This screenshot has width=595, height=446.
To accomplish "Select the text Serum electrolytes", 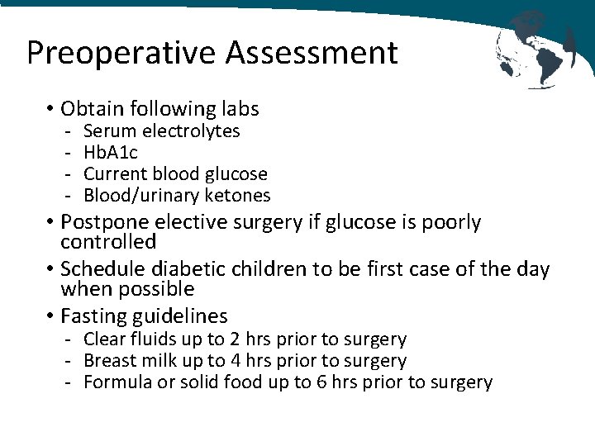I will click(x=162, y=130).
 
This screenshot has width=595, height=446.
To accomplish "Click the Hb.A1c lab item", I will click(x=111, y=152).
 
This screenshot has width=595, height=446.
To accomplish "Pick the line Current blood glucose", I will click(x=175, y=173).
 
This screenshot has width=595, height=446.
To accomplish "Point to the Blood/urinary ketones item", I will click(x=177, y=195).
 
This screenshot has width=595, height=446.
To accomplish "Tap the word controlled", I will click(x=108, y=242).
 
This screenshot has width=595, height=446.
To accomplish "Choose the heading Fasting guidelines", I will click(x=144, y=316).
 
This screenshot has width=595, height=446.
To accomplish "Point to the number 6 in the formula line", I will click(x=324, y=382).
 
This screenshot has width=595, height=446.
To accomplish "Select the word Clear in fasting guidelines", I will click(x=102, y=339).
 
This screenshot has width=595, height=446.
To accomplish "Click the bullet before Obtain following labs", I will click(x=50, y=109).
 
